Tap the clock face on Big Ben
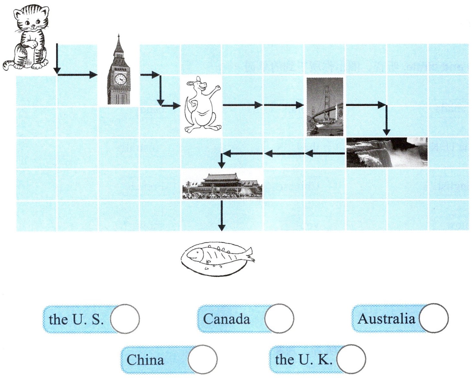120,79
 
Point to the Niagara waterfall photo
387,152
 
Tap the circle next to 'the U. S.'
125,319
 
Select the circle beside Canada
279,318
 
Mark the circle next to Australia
434,318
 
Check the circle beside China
202,360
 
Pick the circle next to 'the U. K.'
351,359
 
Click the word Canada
227,319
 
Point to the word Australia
386,319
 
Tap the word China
145,360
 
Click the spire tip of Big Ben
119,35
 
